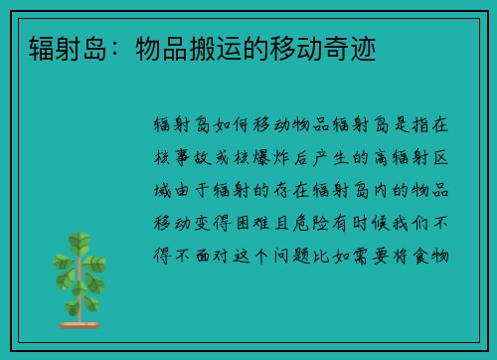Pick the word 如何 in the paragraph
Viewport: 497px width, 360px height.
[x=236, y=126]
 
